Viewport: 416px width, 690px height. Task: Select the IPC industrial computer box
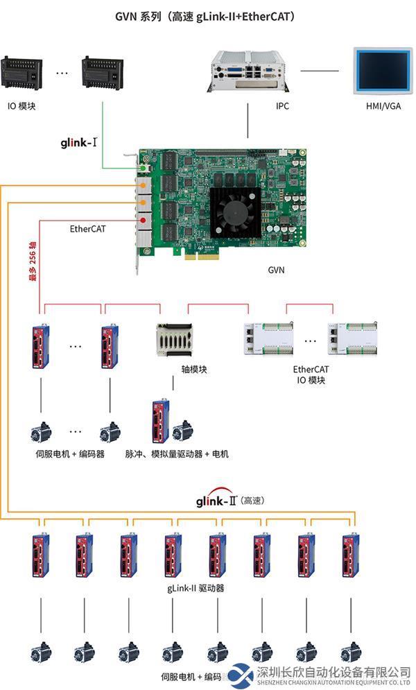tap(248, 71)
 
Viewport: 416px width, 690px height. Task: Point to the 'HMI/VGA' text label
tap(383, 106)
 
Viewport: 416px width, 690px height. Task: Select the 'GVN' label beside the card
tap(276, 270)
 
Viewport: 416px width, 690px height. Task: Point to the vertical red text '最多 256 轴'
tap(31, 261)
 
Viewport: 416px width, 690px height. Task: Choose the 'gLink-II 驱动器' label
tap(196, 588)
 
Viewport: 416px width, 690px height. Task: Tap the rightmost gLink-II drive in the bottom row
tap(351, 556)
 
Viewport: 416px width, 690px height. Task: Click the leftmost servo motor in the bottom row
tap(40, 652)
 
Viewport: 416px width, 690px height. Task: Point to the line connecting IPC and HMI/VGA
tap(320, 70)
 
